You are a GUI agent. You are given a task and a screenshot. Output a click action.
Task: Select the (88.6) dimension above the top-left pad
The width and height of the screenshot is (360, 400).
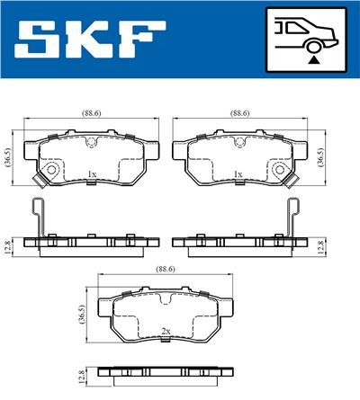(x=89, y=114)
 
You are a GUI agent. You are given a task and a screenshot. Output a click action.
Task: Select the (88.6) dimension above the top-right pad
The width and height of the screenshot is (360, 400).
(x=238, y=114)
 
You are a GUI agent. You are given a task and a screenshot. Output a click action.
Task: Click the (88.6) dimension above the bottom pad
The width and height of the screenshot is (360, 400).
(x=164, y=268)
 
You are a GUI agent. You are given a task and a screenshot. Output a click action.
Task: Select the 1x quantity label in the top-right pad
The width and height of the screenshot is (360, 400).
(x=238, y=173)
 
